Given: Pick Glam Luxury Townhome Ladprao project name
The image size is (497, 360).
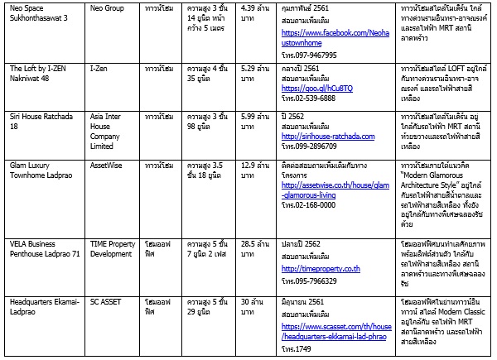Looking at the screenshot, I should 42,171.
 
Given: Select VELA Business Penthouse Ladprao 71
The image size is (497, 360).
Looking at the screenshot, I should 45,250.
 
